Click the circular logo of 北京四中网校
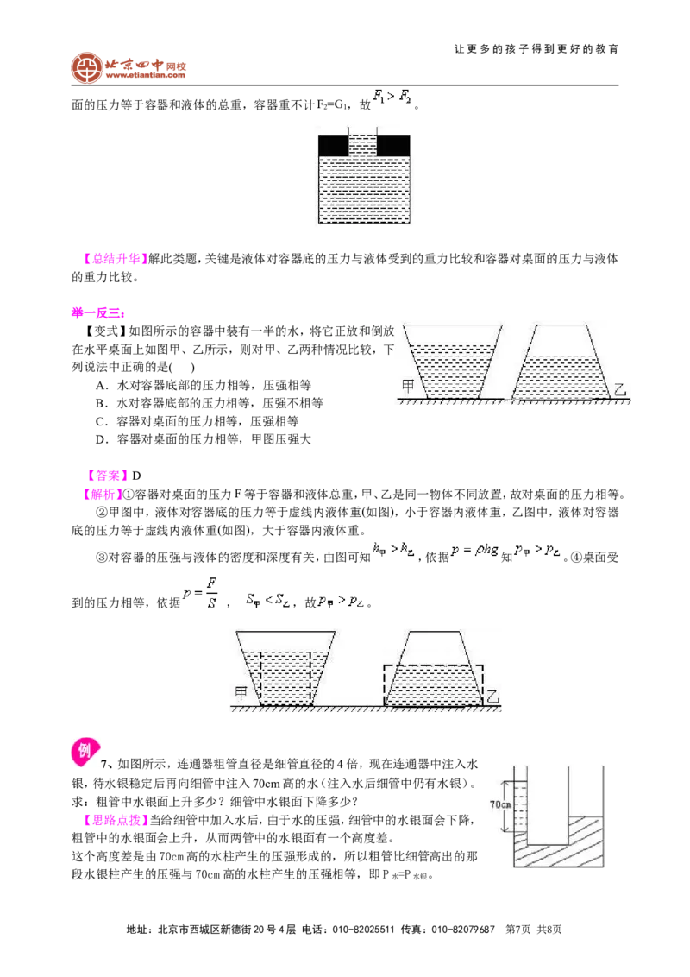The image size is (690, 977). (x=86, y=68)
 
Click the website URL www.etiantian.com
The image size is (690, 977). (x=146, y=75)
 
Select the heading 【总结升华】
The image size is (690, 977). (x=113, y=259)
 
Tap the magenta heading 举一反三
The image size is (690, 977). (x=97, y=312)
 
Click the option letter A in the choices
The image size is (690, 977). (x=102, y=386)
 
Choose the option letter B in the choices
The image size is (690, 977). (x=102, y=404)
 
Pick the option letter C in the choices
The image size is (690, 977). (x=102, y=422)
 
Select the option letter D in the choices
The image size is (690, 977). (x=102, y=440)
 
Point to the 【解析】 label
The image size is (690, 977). (x=100, y=494)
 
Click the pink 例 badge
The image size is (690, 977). (x=85, y=752)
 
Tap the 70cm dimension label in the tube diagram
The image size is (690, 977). (x=500, y=804)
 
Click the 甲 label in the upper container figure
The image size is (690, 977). (x=408, y=386)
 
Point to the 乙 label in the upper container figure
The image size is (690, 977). (x=620, y=389)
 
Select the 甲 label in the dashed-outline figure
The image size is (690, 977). (x=241, y=692)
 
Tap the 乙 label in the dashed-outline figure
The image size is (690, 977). (x=492, y=696)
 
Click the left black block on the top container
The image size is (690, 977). (x=333, y=144)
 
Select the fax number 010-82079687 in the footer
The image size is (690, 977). (x=462, y=929)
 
